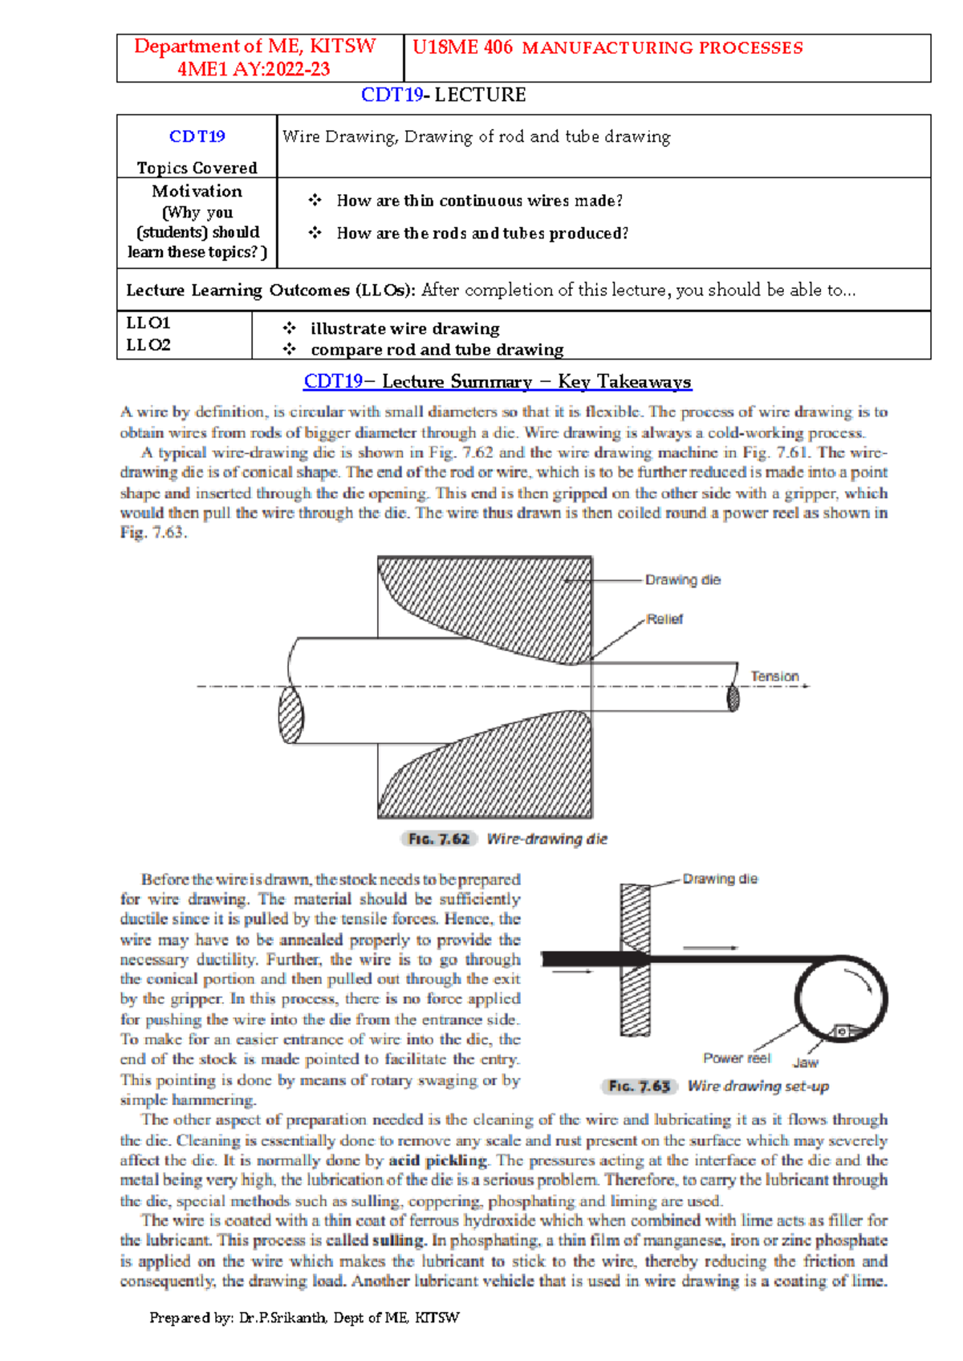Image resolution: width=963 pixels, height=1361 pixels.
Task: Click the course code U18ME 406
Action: (x=462, y=47)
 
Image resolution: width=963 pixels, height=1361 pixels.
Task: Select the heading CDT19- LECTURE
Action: (x=443, y=95)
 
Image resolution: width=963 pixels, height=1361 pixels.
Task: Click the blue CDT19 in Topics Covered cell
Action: (x=197, y=136)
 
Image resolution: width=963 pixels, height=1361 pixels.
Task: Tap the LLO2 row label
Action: (x=148, y=345)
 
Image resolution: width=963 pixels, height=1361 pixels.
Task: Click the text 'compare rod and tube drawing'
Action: (x=437, y=350)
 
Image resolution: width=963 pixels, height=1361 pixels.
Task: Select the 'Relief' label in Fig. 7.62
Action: (x=664, y=619)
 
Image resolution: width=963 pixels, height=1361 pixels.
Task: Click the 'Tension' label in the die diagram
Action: (x=774, y=676)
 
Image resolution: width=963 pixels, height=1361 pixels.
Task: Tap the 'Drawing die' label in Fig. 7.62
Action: (x=683, y=579)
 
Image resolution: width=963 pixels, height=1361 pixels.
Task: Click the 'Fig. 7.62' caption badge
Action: (x=438, y=839)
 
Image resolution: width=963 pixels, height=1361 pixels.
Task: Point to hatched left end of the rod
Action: (x=291, y=714)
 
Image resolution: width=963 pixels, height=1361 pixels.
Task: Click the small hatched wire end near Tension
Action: (x=733, y=697)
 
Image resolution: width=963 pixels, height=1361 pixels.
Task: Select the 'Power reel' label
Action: (x=737, y=1058)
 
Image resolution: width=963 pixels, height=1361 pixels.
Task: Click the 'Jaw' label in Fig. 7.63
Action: (x=806, y=1062)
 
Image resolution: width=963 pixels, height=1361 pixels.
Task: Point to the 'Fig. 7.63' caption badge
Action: (x=639, y=1086)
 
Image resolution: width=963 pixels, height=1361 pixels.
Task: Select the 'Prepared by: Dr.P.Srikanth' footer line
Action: (x=304, y=1317)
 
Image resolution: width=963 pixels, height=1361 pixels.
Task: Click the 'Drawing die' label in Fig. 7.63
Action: (x=720, y=879)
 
